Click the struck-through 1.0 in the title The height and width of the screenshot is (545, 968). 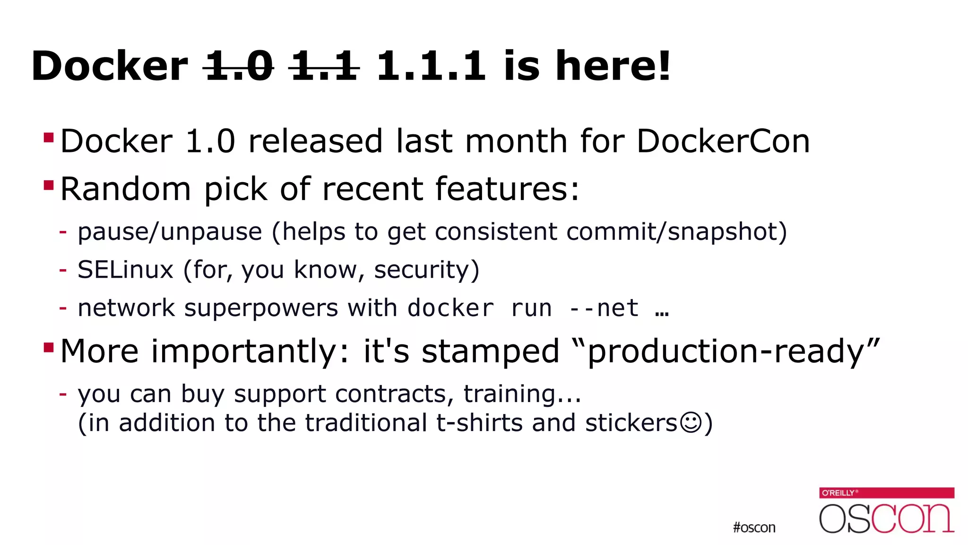pyautogui.click(x=239, y=66)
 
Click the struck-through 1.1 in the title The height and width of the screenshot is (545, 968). pyautogui.click(x=324, y=66)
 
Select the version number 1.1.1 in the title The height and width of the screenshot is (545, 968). pyautogui.click(x=431, y=66)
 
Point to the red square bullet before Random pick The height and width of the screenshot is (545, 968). pyautogui.click(x=49, y=185)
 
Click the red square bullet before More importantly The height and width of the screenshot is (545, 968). pyautogui.click(x=49, y=348)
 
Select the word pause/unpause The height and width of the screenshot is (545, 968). pyautogui.click(x=170, y=232)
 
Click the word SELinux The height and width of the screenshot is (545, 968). pyautogui.click(x=125, y=270)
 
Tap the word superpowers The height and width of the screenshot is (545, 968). pyautogui.click(x=261, y=308)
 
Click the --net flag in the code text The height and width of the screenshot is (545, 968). pyautogui.click(x=604, y=308)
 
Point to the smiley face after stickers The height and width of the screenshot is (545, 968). pyautogui.click(x=691, y=422)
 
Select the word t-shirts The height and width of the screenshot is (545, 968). pyautogui.click(x=479, y=422)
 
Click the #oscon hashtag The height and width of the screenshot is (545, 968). pyautogui.click(x=754, y=527)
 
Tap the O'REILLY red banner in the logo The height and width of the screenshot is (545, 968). pyautogui.click(x=887, y=492)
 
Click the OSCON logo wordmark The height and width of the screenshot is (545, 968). pyautogui.click(x=887, y=518)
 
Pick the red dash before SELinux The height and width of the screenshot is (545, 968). pyautogui.click(x=63, y=270)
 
